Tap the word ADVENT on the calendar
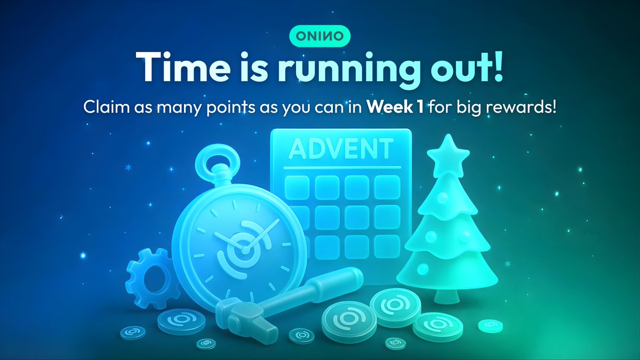(x=340, y=149)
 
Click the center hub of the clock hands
(x=244, y=249)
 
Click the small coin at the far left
(x=132, y=332)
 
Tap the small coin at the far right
(x=490, y=325)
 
